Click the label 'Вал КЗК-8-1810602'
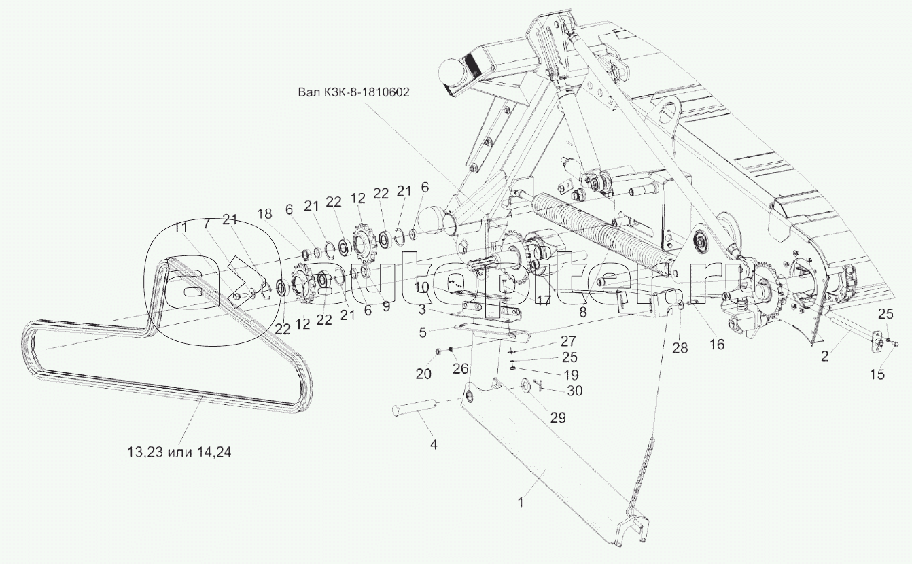(353, 92)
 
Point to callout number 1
(521, 504)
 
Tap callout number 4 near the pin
(433, 446)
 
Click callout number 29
(557, 418)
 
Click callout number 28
(680, 347)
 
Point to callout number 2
(824, 355)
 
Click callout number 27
(569, 340)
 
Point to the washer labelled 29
(525, 387)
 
